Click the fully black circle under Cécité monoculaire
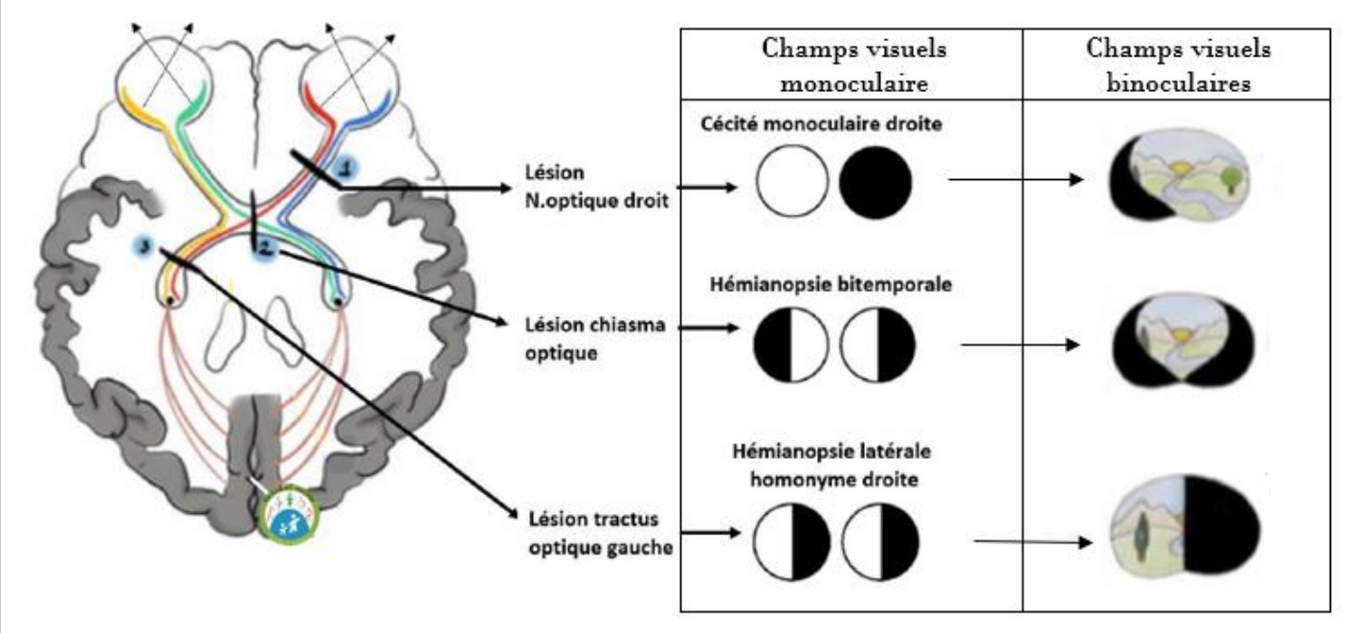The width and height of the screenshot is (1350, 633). click(x=875, y=184)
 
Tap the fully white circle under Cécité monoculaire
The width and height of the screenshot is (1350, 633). click(x=792, y=184)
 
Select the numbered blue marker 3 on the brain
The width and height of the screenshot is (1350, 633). click(x=144, y=246)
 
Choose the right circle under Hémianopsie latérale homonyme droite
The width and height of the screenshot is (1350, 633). click(x=880, y=541)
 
